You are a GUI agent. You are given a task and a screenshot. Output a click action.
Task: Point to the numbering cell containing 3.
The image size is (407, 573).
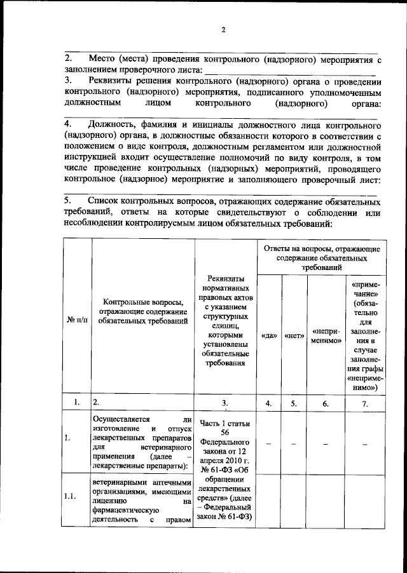pos(224,403)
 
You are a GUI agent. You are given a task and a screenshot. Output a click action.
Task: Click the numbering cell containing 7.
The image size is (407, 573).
pos(365,403)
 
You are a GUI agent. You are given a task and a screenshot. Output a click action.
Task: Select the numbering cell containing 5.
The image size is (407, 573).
pos(293,403)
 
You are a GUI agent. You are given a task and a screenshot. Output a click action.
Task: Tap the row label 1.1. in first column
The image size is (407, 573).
pos(75,497)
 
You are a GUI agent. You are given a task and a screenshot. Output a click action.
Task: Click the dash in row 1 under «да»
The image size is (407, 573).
pos(269,445)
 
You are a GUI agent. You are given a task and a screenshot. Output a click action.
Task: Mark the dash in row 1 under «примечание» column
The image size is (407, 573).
pos(365,445)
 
